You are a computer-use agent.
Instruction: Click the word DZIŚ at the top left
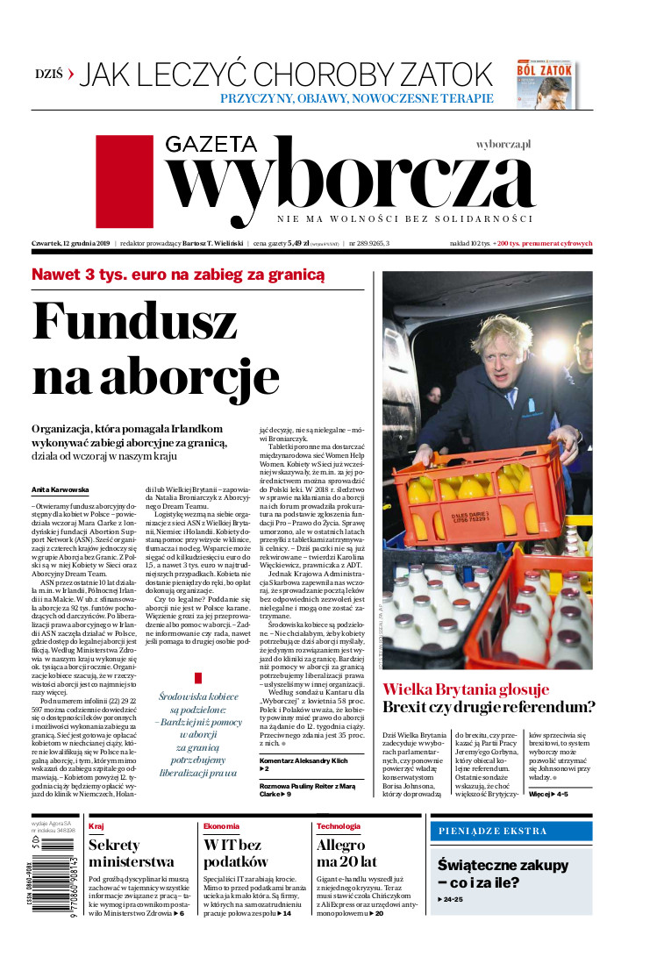point(50,75)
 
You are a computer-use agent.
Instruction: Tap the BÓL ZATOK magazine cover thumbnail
point(546,85)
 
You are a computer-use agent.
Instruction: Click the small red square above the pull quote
point(198,678)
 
